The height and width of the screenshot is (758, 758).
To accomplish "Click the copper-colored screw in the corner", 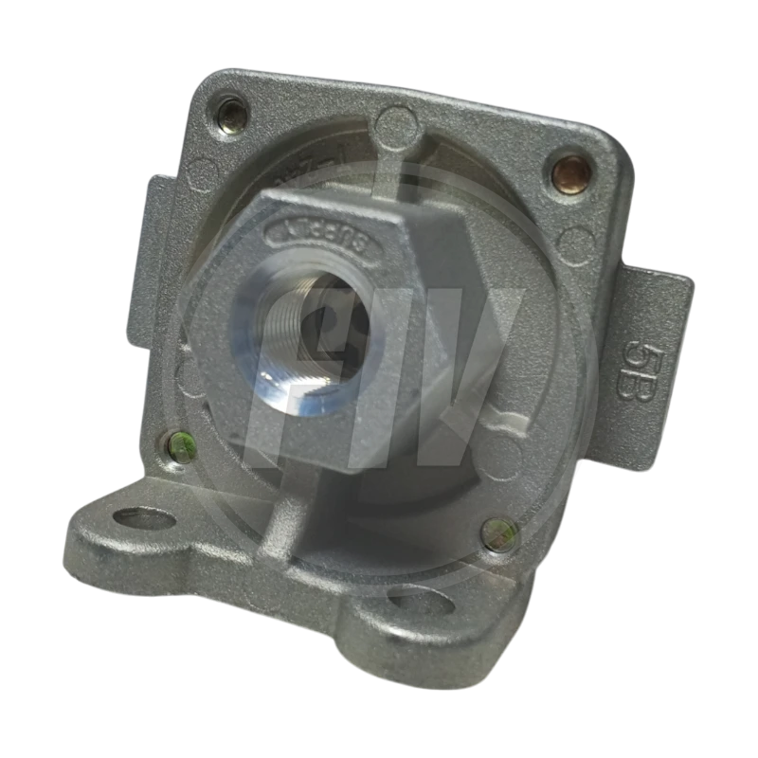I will tap(571, 172).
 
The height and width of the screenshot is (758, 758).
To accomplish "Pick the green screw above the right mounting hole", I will tap(499, 533).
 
